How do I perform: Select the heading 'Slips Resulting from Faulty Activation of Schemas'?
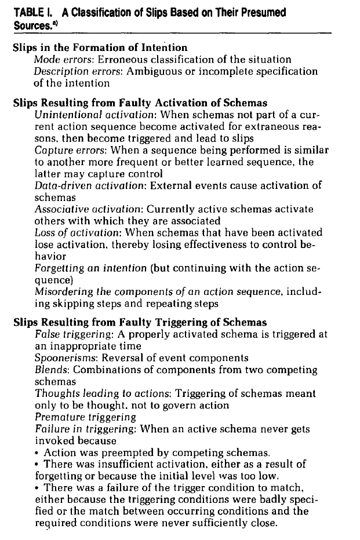click(x=140, y=103)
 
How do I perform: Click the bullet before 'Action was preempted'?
click(x=38, y=453)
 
